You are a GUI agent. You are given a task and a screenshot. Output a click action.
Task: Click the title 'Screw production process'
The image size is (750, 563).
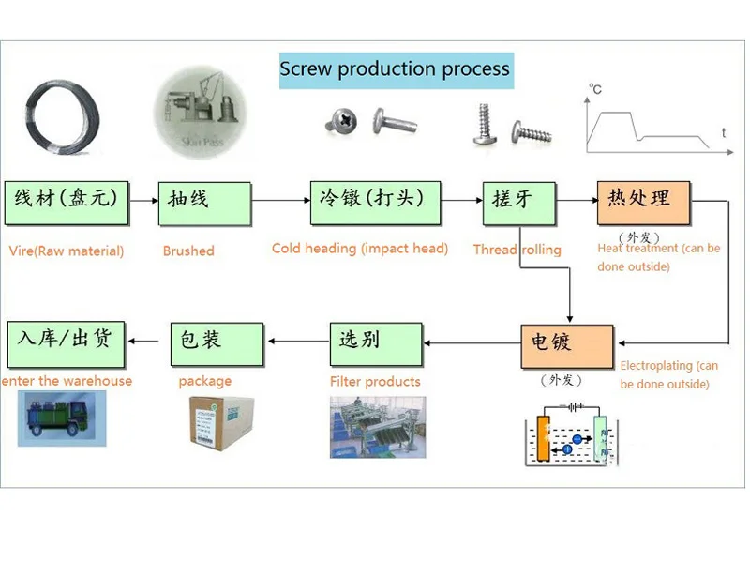pos(395,69)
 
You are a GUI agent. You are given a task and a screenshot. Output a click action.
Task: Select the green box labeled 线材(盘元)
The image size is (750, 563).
pos(65,203)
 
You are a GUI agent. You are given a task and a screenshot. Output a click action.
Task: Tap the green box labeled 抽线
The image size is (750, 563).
pos(204,203)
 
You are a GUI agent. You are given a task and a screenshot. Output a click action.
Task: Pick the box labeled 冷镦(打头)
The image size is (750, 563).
pos(375,203)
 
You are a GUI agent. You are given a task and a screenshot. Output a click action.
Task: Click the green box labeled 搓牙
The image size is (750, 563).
pos(518,203)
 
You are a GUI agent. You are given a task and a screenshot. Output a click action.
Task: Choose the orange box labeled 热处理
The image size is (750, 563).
pos(645,201)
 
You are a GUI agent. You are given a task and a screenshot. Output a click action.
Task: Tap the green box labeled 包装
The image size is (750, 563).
pos(215,343)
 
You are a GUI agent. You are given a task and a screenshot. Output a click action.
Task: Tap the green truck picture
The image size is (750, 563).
pos(62,418)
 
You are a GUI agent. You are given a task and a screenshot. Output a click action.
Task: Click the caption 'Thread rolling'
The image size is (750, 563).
pos(517,250)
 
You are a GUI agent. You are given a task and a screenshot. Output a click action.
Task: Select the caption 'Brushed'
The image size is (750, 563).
pos(188,251)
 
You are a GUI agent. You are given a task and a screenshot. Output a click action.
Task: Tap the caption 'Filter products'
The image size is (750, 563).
pos(375,382)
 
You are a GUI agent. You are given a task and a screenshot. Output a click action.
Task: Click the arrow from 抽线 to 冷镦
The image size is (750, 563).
pos(280,200)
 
